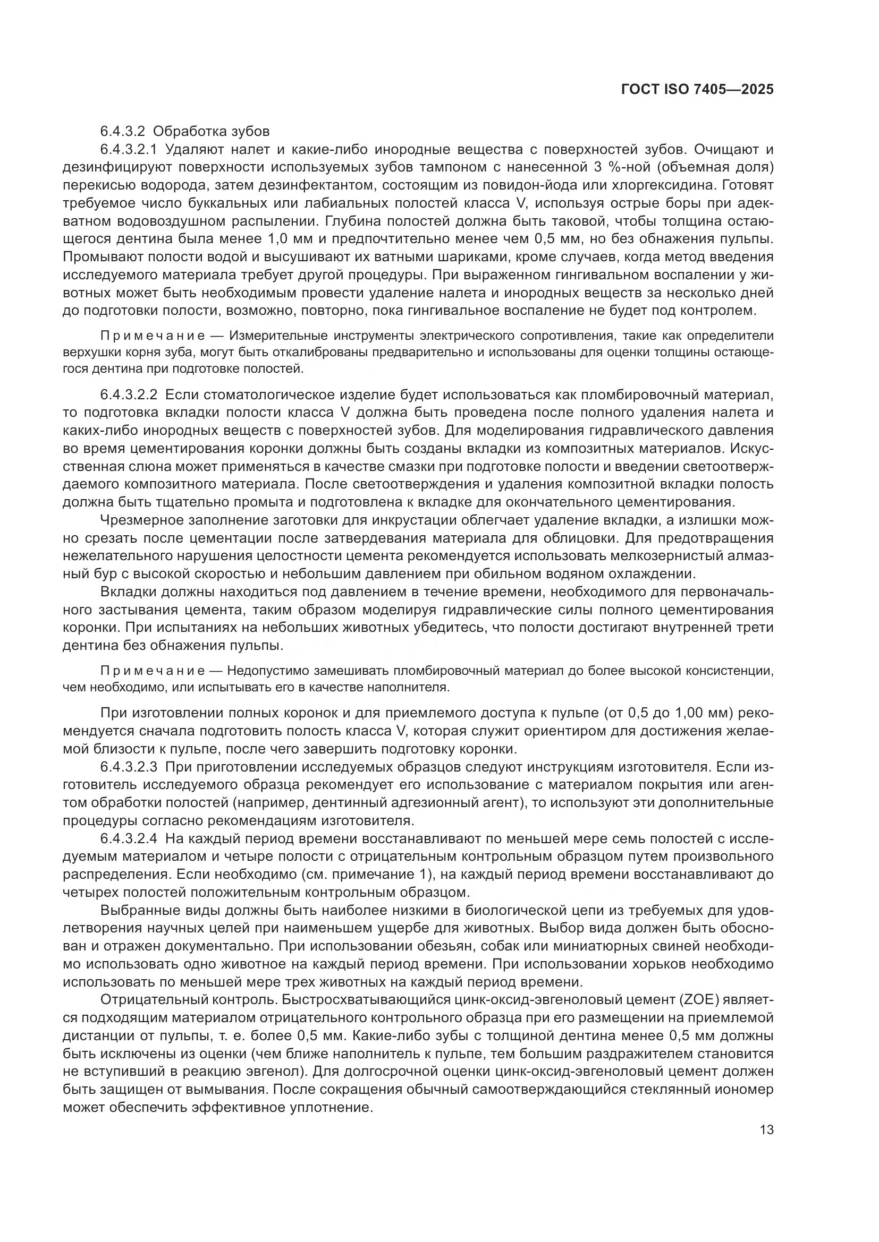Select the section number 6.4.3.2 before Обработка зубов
[121, 132]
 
